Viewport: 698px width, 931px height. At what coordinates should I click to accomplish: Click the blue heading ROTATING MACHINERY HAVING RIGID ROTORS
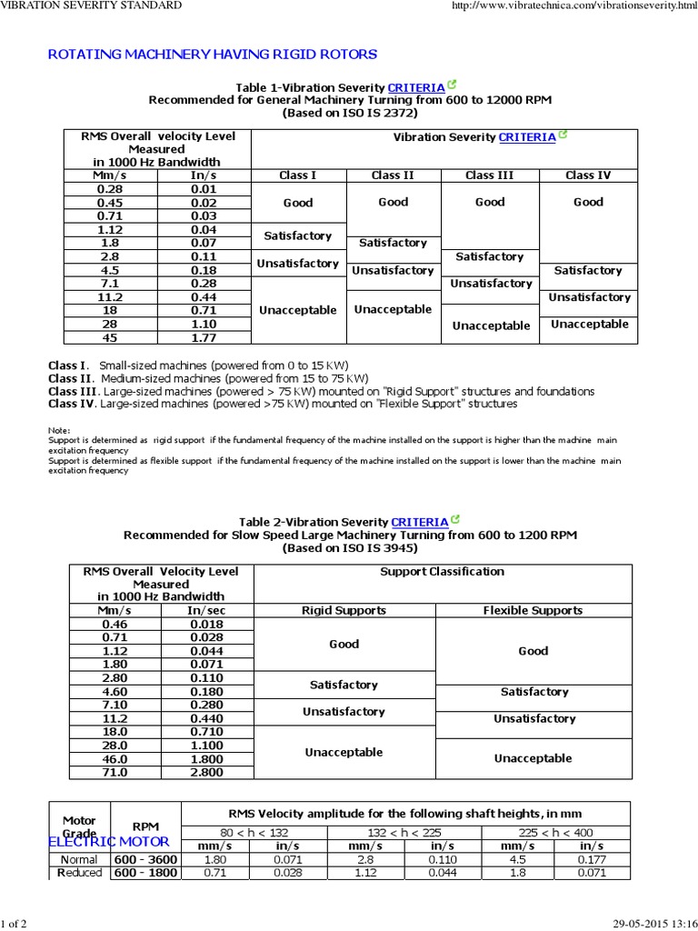coord(212,55)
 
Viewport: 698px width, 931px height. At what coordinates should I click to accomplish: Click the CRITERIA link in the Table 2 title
coord(419,523)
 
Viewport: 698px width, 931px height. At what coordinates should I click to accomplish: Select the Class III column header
coord(489,175)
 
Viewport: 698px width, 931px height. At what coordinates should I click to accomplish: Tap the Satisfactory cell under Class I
coord(297,235)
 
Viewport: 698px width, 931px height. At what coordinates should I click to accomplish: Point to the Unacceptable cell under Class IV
coord(589,325)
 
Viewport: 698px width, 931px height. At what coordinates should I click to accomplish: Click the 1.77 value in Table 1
coord(203,338)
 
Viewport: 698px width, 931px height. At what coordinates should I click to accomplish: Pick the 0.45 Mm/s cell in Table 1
coord(109,203)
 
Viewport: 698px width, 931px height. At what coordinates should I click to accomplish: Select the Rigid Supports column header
coord(344,611)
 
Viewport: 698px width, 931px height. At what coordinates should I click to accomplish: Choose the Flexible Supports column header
coord(533,611)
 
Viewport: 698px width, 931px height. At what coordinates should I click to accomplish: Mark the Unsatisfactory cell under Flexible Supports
coord(533,719)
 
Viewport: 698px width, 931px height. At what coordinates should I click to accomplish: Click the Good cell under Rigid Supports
coord(344,645)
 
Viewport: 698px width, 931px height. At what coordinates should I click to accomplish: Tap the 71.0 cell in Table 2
coord(115,773)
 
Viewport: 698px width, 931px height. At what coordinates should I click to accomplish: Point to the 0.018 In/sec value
coord(206,625)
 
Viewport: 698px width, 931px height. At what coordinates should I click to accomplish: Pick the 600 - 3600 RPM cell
coord(145,859)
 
